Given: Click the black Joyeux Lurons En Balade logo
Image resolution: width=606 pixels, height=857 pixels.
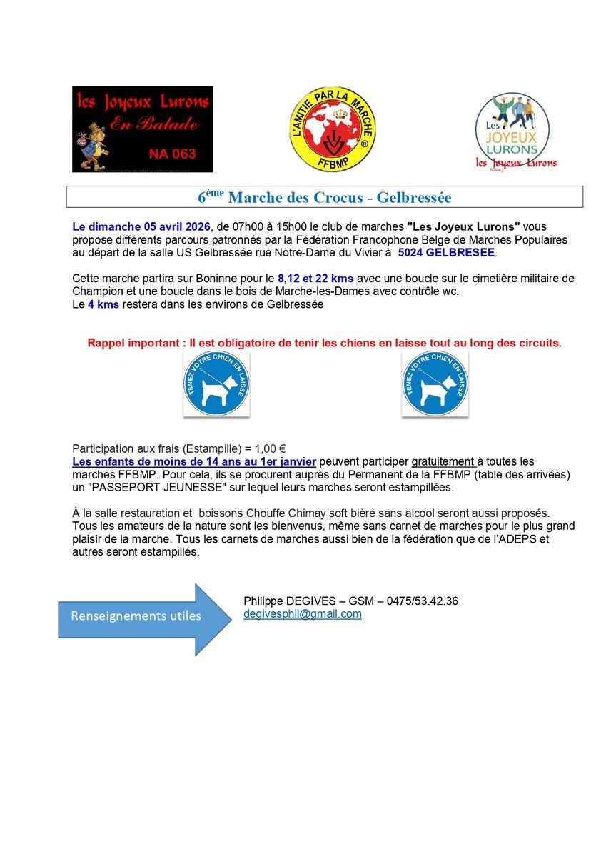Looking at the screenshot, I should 142,129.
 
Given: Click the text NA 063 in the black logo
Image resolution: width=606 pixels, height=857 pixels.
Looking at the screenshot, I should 172,153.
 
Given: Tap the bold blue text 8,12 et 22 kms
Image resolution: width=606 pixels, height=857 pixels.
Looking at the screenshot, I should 315,277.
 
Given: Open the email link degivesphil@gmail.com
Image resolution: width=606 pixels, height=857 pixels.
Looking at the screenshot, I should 303,614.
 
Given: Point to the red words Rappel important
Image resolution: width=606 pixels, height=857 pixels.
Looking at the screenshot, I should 131,343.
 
